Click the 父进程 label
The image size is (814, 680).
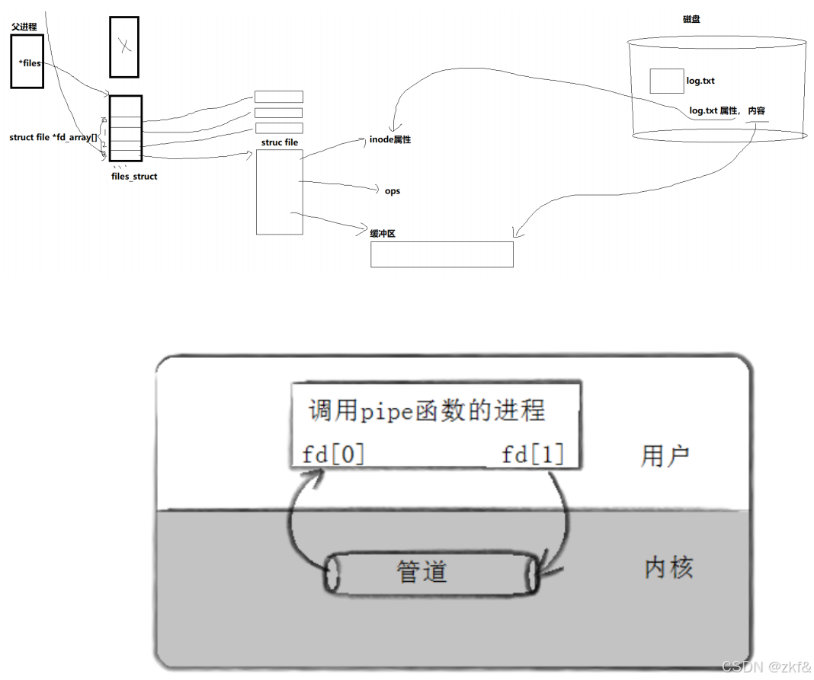click(24, 27)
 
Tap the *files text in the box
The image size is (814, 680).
click(30, 63)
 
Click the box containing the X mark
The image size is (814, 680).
click(124, 46)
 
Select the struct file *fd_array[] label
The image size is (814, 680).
click(53, 138)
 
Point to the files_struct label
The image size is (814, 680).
click(134, 176)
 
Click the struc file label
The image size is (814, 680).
click(279, 142)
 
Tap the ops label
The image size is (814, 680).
click(392, 191)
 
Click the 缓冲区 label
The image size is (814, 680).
click(383, 234)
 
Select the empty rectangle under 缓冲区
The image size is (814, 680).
click(441, 254)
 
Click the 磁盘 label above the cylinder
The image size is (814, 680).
click(692, 19)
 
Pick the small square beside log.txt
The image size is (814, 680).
click(666, 81)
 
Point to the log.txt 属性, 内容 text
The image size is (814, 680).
click(726, 111)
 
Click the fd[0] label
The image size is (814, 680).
click(333, 455)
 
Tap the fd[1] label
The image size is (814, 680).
click(534, 455)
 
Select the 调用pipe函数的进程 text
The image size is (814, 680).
click(426, 411)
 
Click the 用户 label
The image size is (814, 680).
click(665, 456)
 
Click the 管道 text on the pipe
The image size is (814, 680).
click(421, 572)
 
